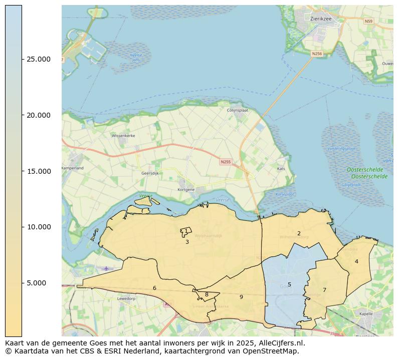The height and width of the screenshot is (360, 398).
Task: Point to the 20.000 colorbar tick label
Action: [x=38, y=115]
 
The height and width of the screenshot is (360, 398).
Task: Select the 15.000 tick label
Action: [x=38, y=171]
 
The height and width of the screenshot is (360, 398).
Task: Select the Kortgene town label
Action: [x=186, y=190]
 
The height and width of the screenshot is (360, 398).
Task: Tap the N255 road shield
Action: [x=226, y=162]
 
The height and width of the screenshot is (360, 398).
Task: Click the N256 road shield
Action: [x=316, y=54]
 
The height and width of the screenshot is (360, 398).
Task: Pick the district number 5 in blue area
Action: [x=289, y=284]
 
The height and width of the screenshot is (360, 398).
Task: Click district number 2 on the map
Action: [x=299, y=233]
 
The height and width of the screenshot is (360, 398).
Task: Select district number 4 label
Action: [x=356, y=261]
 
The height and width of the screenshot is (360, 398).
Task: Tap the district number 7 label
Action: [x=324, y=290]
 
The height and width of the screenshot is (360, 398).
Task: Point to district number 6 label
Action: [x=154, y=288]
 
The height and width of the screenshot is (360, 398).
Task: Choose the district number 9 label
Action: [x=241, y=297]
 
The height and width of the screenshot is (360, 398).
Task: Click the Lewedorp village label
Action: [x=126, y=298]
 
